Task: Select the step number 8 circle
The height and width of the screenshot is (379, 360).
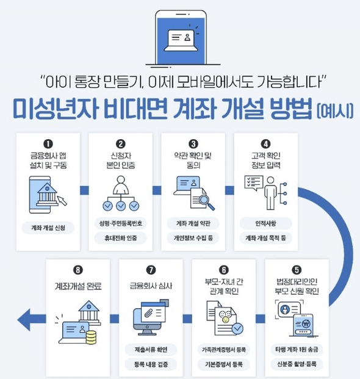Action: [x=77, y=270]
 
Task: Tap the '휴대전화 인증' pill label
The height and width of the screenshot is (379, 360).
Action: [x=120, y=239]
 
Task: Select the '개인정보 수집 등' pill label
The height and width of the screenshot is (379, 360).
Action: [x=193, y=239]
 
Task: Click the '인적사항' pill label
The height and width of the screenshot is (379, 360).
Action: [x=266, y=223]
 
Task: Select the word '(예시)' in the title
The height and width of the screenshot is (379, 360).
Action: [x=334, y=112]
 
